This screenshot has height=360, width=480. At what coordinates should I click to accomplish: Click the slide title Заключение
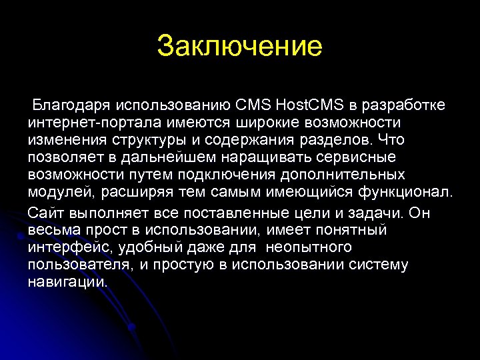pos(240,47)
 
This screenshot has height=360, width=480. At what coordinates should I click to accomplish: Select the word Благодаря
pos(72,105)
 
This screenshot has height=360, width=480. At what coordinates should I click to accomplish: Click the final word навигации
pos(67,281)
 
